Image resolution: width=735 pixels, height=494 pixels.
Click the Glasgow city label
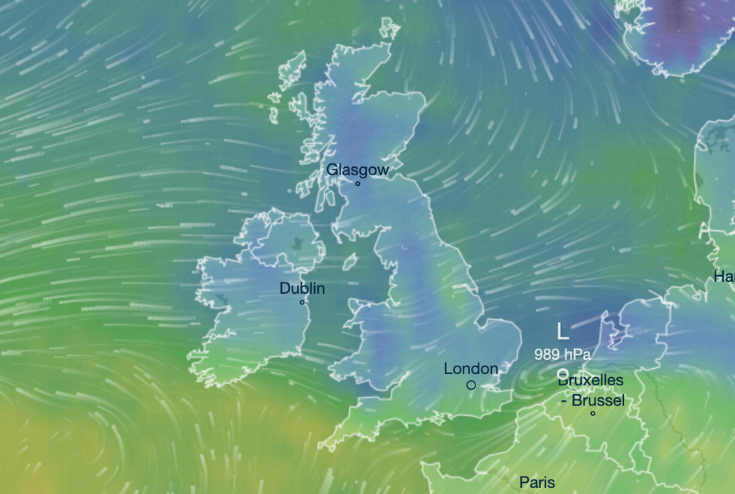[x=358, y=170]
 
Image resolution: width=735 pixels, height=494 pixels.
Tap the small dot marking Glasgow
[x=358, y=184]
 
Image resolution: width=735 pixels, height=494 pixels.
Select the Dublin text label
[x=302, y=288]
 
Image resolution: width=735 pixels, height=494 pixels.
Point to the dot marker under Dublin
[x=302, y=302]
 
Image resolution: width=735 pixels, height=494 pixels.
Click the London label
[x=471, y=369]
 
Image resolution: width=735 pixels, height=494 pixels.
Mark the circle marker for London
[x=471, y=385]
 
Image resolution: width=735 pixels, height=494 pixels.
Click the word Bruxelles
[x=591, y=381]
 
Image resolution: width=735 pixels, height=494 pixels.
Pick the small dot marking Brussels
[x=592, y=413]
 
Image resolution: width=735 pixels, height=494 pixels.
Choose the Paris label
[x=537, y=483]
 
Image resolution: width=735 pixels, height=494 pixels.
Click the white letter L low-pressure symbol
[x=562, y=331]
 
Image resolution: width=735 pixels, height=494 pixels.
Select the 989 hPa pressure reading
[x=562, y=354]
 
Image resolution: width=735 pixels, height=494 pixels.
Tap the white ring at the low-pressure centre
[x=562, y=373]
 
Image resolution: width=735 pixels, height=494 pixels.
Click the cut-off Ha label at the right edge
[x=724, y=277]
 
